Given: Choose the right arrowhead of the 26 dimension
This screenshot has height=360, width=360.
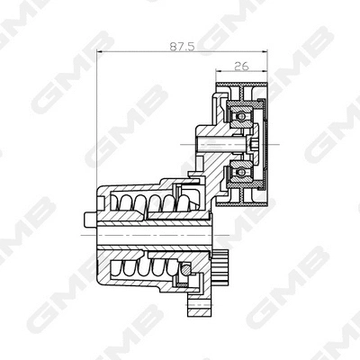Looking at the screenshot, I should coord(267,72).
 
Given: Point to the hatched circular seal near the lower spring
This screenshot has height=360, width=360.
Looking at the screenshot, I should coord(186,267).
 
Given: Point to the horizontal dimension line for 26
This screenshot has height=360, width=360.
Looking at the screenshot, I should coord(243,72).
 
